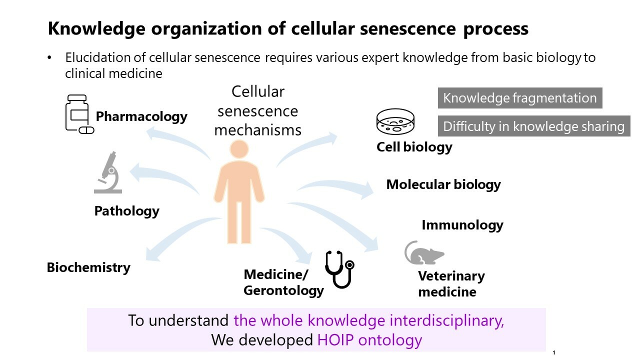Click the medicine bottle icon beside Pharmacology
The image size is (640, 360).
(x=78, y=114)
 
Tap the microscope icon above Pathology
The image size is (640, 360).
(x=108, y=172)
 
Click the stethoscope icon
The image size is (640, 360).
(x=339, y=269)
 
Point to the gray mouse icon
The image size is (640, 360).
(x=423, y=253)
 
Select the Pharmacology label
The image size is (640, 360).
(x=141, y=117)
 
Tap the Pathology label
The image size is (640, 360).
(x=126, y=211)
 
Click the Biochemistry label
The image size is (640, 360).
(x=88, y=267)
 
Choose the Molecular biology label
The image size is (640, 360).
(x=443, y=184)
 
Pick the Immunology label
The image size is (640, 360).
(x=462, y=225)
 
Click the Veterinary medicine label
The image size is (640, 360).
(x=451, y=283)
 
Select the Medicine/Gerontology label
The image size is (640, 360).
(x=283, y=282)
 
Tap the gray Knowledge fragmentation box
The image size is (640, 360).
(x=519, y=98)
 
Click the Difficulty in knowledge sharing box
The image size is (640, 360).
(x=533, y=126)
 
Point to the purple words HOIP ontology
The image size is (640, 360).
(x=369, y=340)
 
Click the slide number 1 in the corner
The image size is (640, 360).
(x=554, y=352)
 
